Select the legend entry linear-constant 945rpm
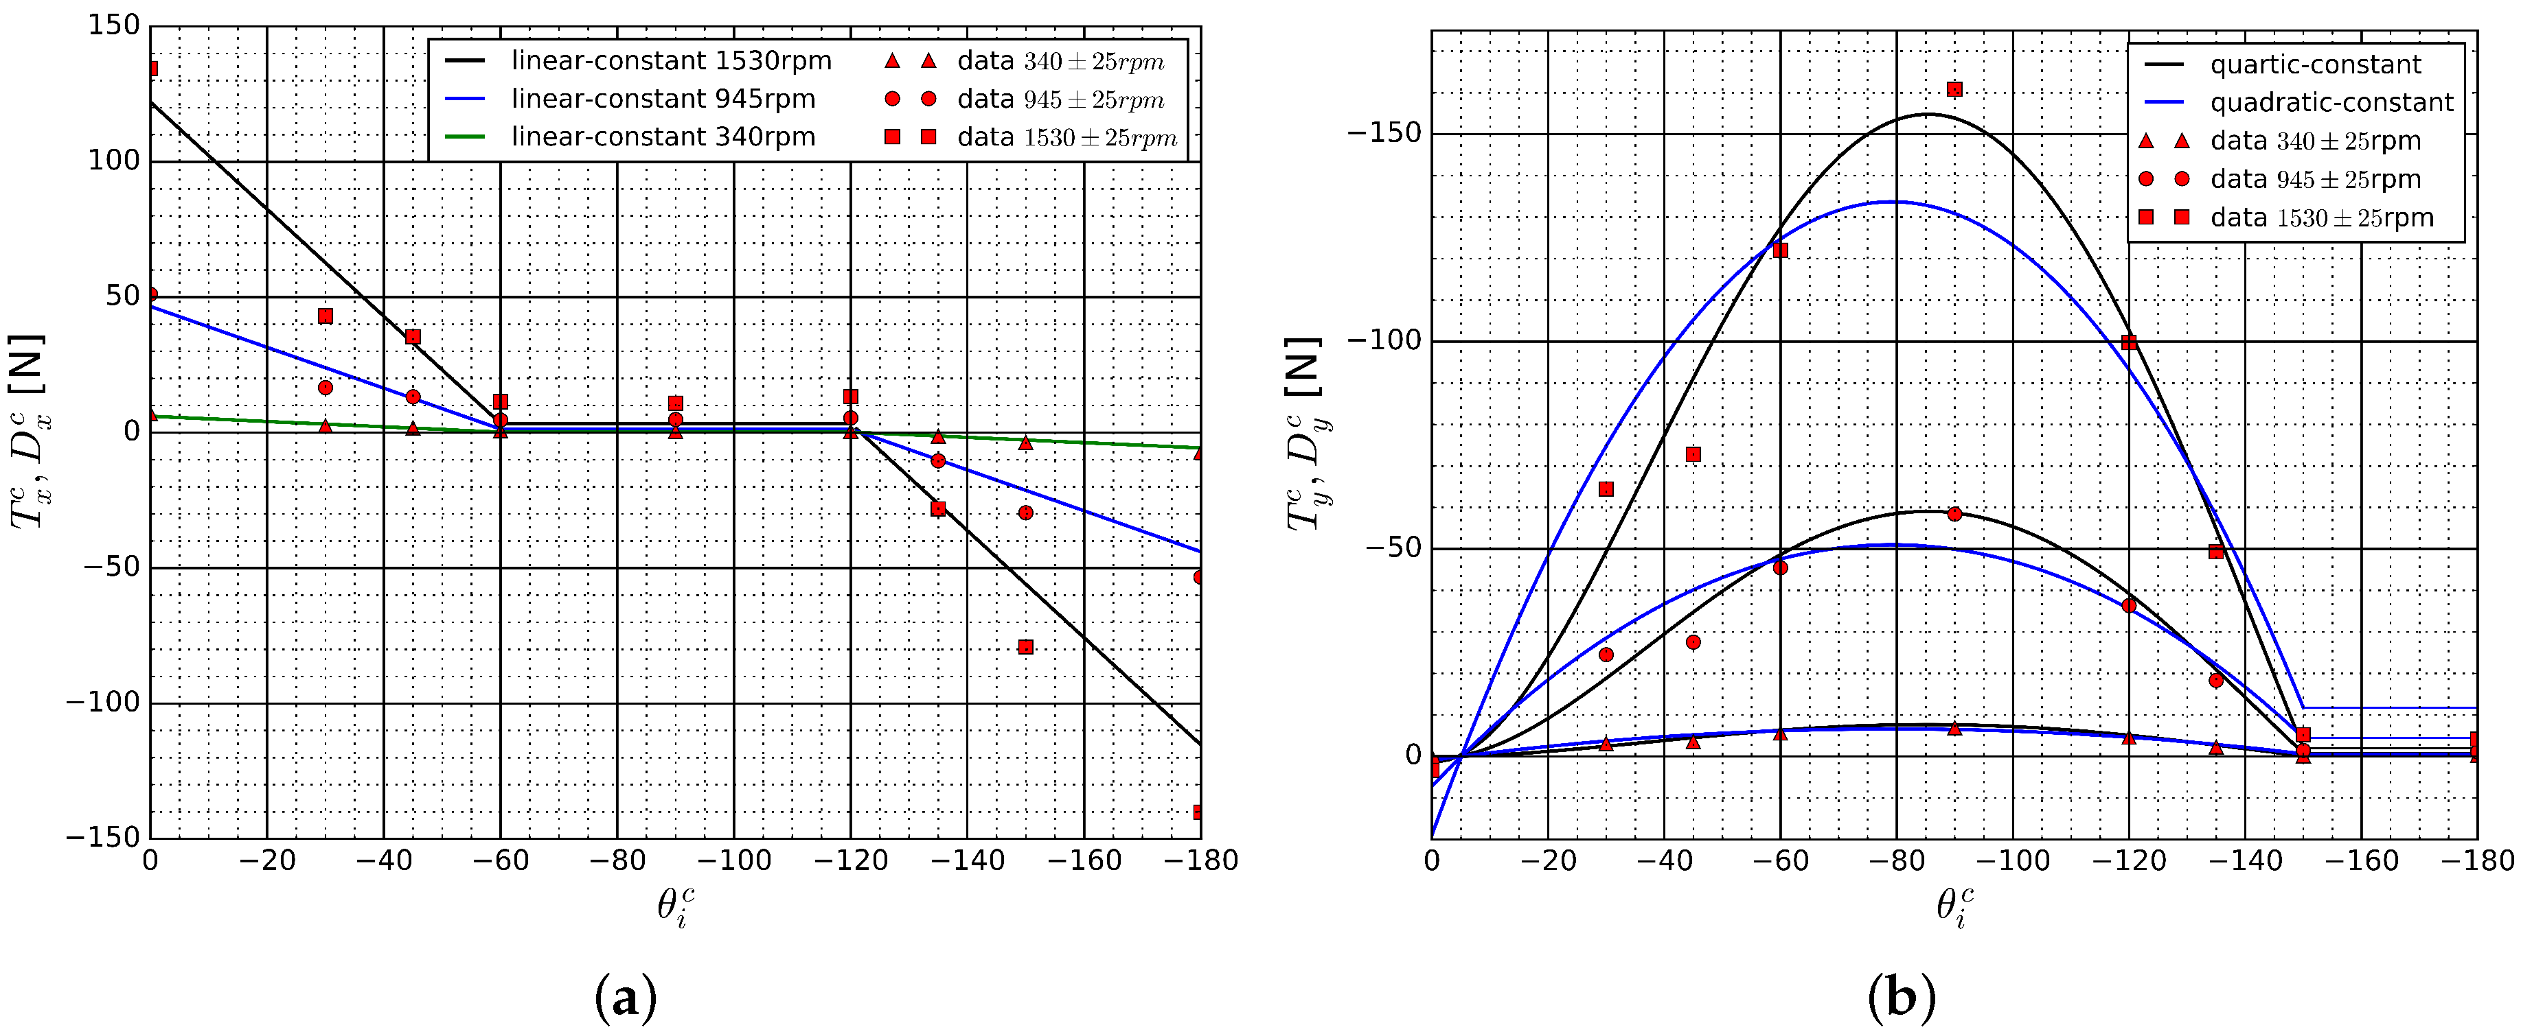coord(663,99)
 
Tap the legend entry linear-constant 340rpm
coord(663,137)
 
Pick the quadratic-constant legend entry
coord(2331,103)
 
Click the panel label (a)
coord(626,998)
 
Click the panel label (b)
coord(1902,998)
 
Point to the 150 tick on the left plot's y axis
coord(113,25)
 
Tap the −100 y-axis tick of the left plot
coord(103,703)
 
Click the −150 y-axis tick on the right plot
coord(1384,133)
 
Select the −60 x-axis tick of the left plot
coord(500,861)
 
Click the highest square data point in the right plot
coord(1954,89)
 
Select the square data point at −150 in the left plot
coord(1025,646)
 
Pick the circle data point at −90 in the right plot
coord(1954,514)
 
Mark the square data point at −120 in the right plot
coord(2129,342)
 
